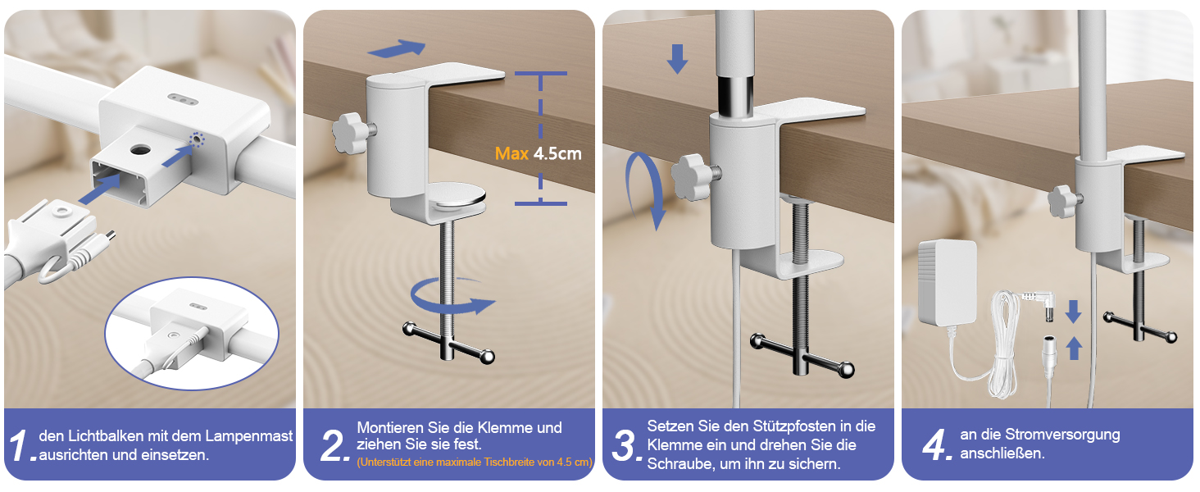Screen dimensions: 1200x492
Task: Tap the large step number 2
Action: pyautogui.click(x=334, y=445)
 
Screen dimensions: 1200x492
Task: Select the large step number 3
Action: pyautogui.click(x=626, y=445)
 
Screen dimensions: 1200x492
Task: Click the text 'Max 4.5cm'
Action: pyautogui.click(x=538, y=154)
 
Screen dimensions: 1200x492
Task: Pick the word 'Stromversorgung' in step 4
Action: pyautogui.click(x=1062, y=435)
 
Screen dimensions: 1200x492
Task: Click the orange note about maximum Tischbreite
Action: pyautogui.click(x=475, y=462)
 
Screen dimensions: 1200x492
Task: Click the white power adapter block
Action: pyautogui.click(x=948, y=283)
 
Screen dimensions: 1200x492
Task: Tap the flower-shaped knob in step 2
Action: pyautogui.click(x=352, y=132)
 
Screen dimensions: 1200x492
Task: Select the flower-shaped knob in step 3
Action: pyautogui.click(x=693, y=176)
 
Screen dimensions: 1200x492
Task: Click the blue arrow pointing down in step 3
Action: pyautogui.click(x=677, y=59)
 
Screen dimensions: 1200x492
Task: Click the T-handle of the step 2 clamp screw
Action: pyautogui.click(x=449, y=343)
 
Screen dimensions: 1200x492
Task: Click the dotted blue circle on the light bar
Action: pyautogui.click(x=198, y=140)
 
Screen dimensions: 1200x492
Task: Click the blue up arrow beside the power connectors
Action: pyautogui.click(x=1074, y=348)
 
